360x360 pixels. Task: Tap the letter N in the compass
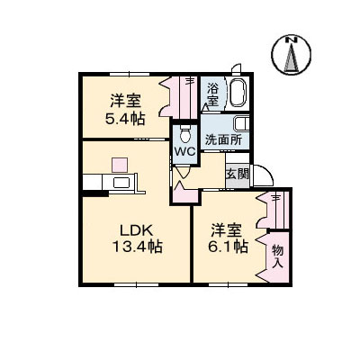pyautogui.click(x=291, y=40)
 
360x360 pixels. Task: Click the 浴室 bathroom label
pyautogui.click(x=212, y=94)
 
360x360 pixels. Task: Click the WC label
pyautogui.click(x=184, y=153)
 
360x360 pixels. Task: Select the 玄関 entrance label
pyautogui.click(x=237, y=174)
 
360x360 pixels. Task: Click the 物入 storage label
pyautogui.click(x=277, y=256)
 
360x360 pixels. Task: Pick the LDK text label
pyautogui.click(x=131, y=229)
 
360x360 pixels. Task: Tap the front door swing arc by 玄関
pyautogui.click(x=263, y=177)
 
